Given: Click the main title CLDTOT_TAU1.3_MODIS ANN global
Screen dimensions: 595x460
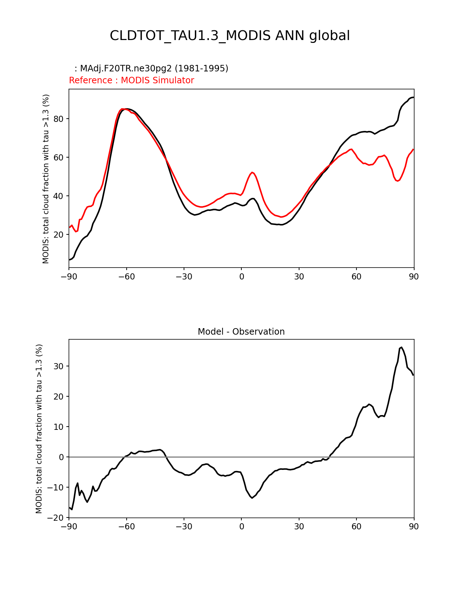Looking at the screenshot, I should pyautogui.click(x=230, y=36).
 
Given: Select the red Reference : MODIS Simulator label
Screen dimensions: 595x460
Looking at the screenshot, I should pyautogui.click(x=131, y=80).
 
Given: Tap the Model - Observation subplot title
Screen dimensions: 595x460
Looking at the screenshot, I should pyautogui.click(x=241, y=332).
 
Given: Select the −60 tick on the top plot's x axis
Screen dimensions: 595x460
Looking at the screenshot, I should pyautogui.click(x=126, y=277).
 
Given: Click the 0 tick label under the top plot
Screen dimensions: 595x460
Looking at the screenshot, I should pyautogui.click(x=241, y=277).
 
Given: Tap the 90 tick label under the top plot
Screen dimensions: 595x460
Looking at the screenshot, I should pyautogui.click(x=414, y=277).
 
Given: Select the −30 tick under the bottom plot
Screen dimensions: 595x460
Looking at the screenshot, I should pyautogui.click(x=184, y=526).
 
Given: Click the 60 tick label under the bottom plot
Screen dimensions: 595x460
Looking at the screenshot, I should pyautogui.click(x=356, y=526).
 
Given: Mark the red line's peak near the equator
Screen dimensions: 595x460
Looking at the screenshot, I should pyautogui.click(x=253, y=172).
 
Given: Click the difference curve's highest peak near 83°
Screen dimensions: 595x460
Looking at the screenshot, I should pyautogui.click(x=401, y=347).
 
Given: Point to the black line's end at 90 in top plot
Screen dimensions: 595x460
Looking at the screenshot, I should pyautogui.click(x=413, y=97).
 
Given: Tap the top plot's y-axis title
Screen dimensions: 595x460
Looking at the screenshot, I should pyautogui.click(x=46, y=179).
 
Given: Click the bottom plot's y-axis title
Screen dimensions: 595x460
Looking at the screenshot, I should pyautogui.click(x=39, y=428).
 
